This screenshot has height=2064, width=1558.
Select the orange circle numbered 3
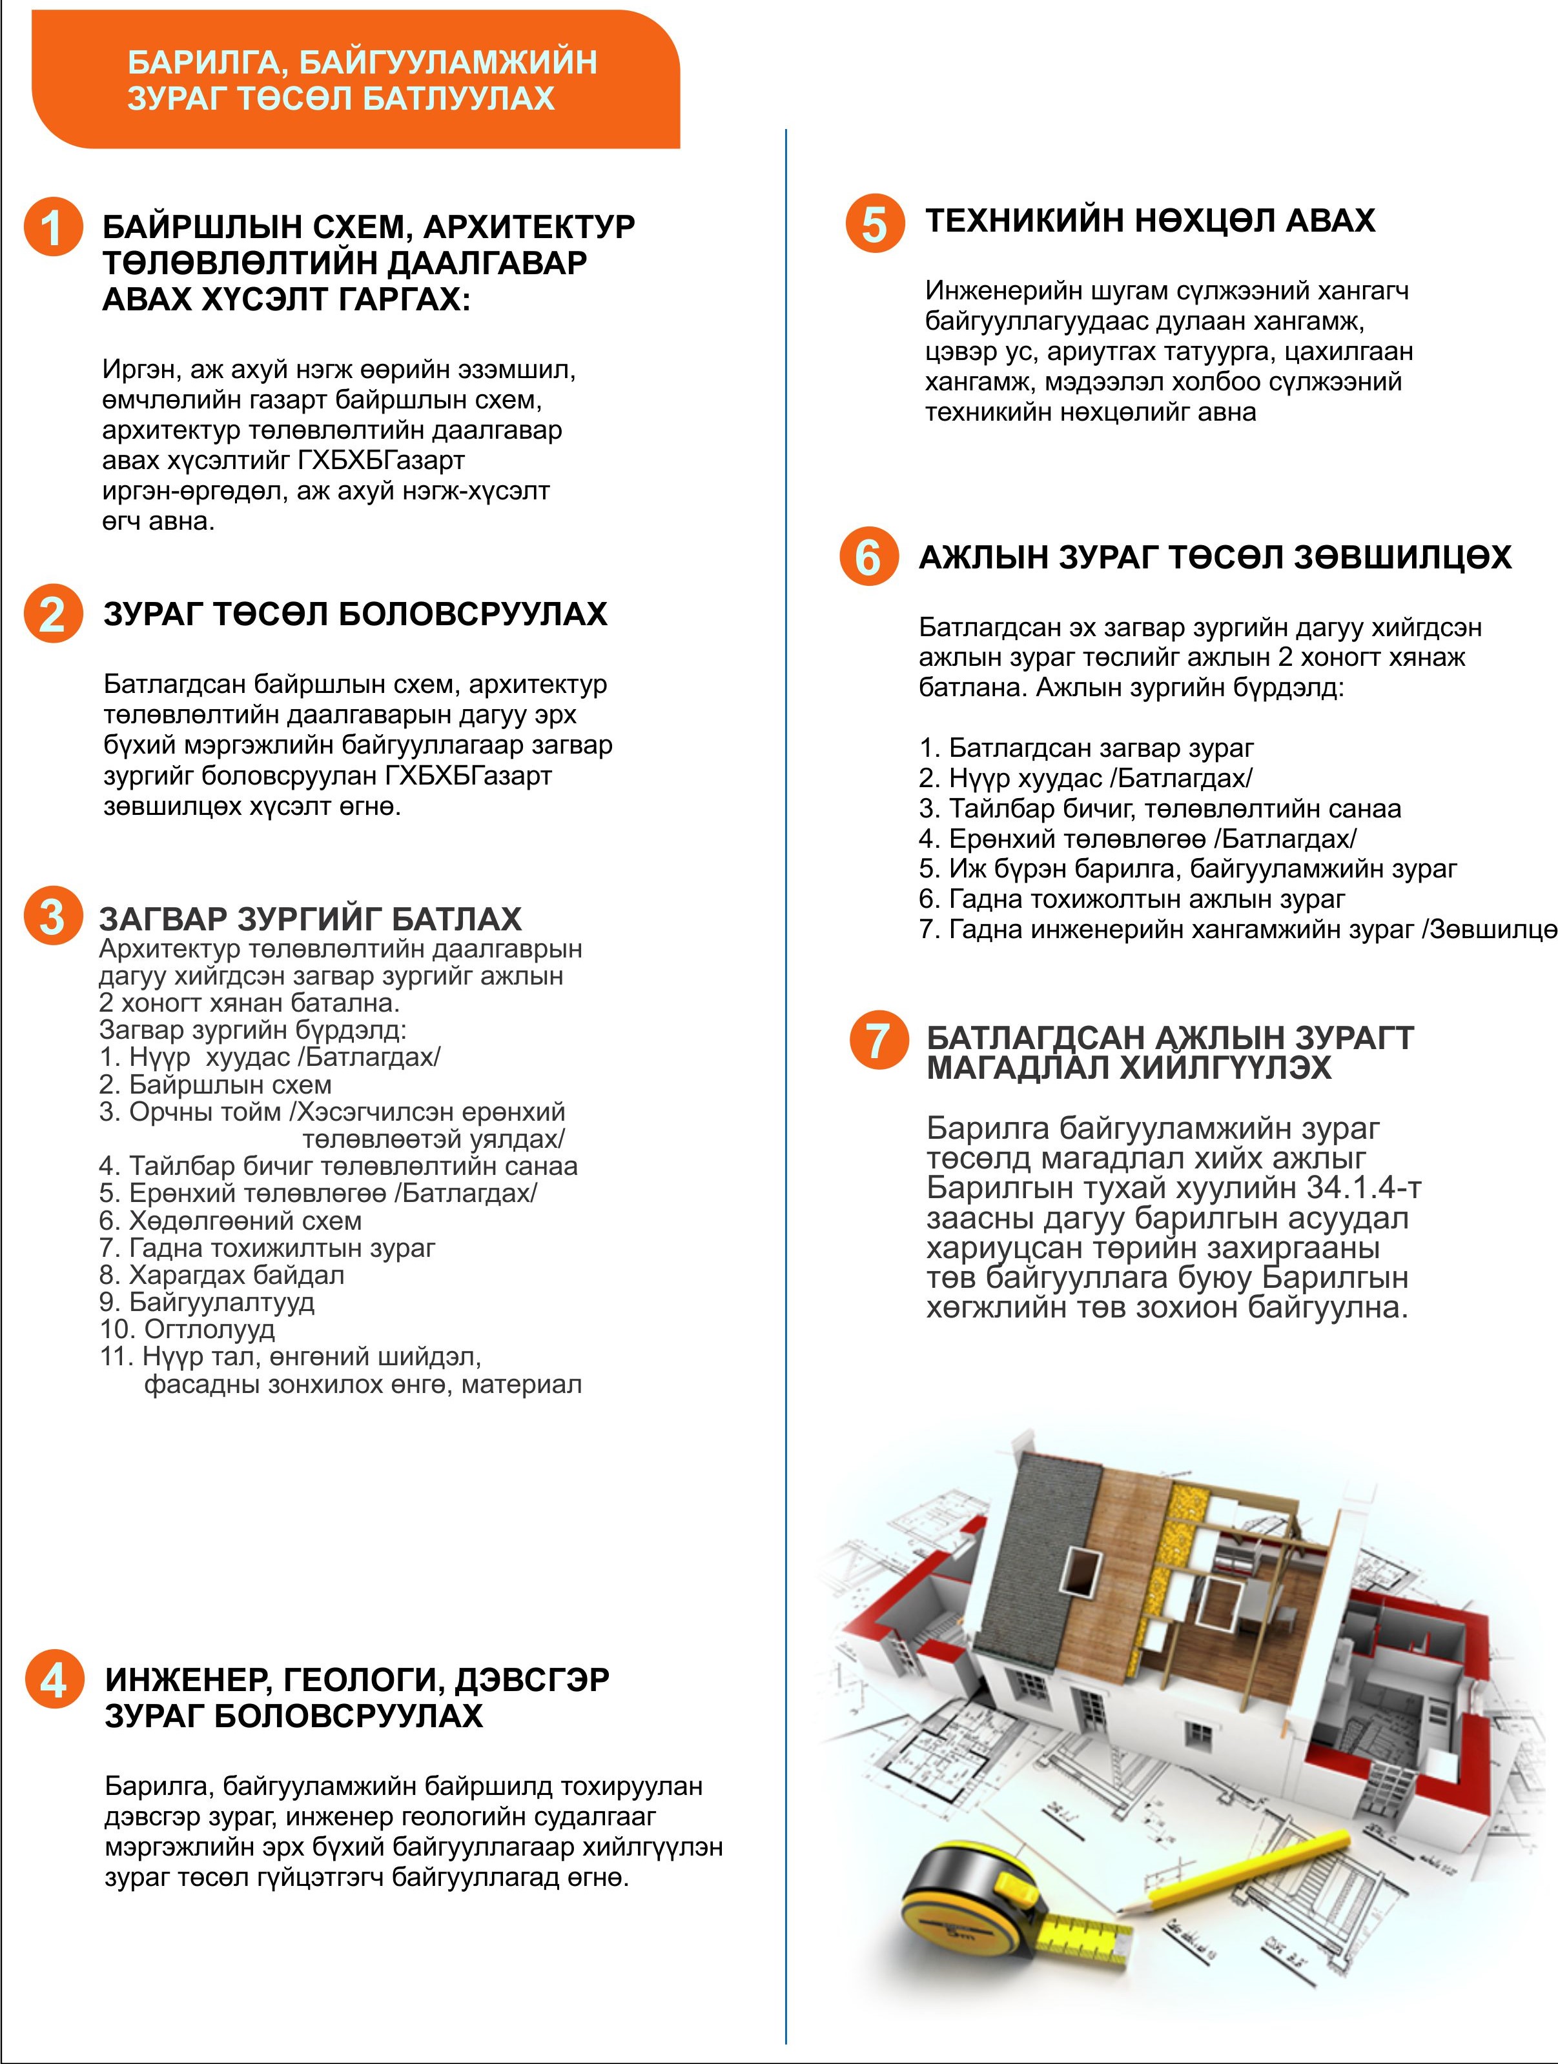(52, 916)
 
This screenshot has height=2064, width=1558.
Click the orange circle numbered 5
(875, 224)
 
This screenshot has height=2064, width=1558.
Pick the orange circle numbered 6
(868, 557)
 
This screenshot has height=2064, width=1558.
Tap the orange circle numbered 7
(878, 1041)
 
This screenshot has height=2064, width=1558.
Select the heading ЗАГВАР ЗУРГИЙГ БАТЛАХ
(310, 919)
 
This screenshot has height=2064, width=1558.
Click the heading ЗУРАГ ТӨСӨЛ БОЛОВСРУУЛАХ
(354, 614)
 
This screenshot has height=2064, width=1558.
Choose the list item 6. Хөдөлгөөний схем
(231, 1221)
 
